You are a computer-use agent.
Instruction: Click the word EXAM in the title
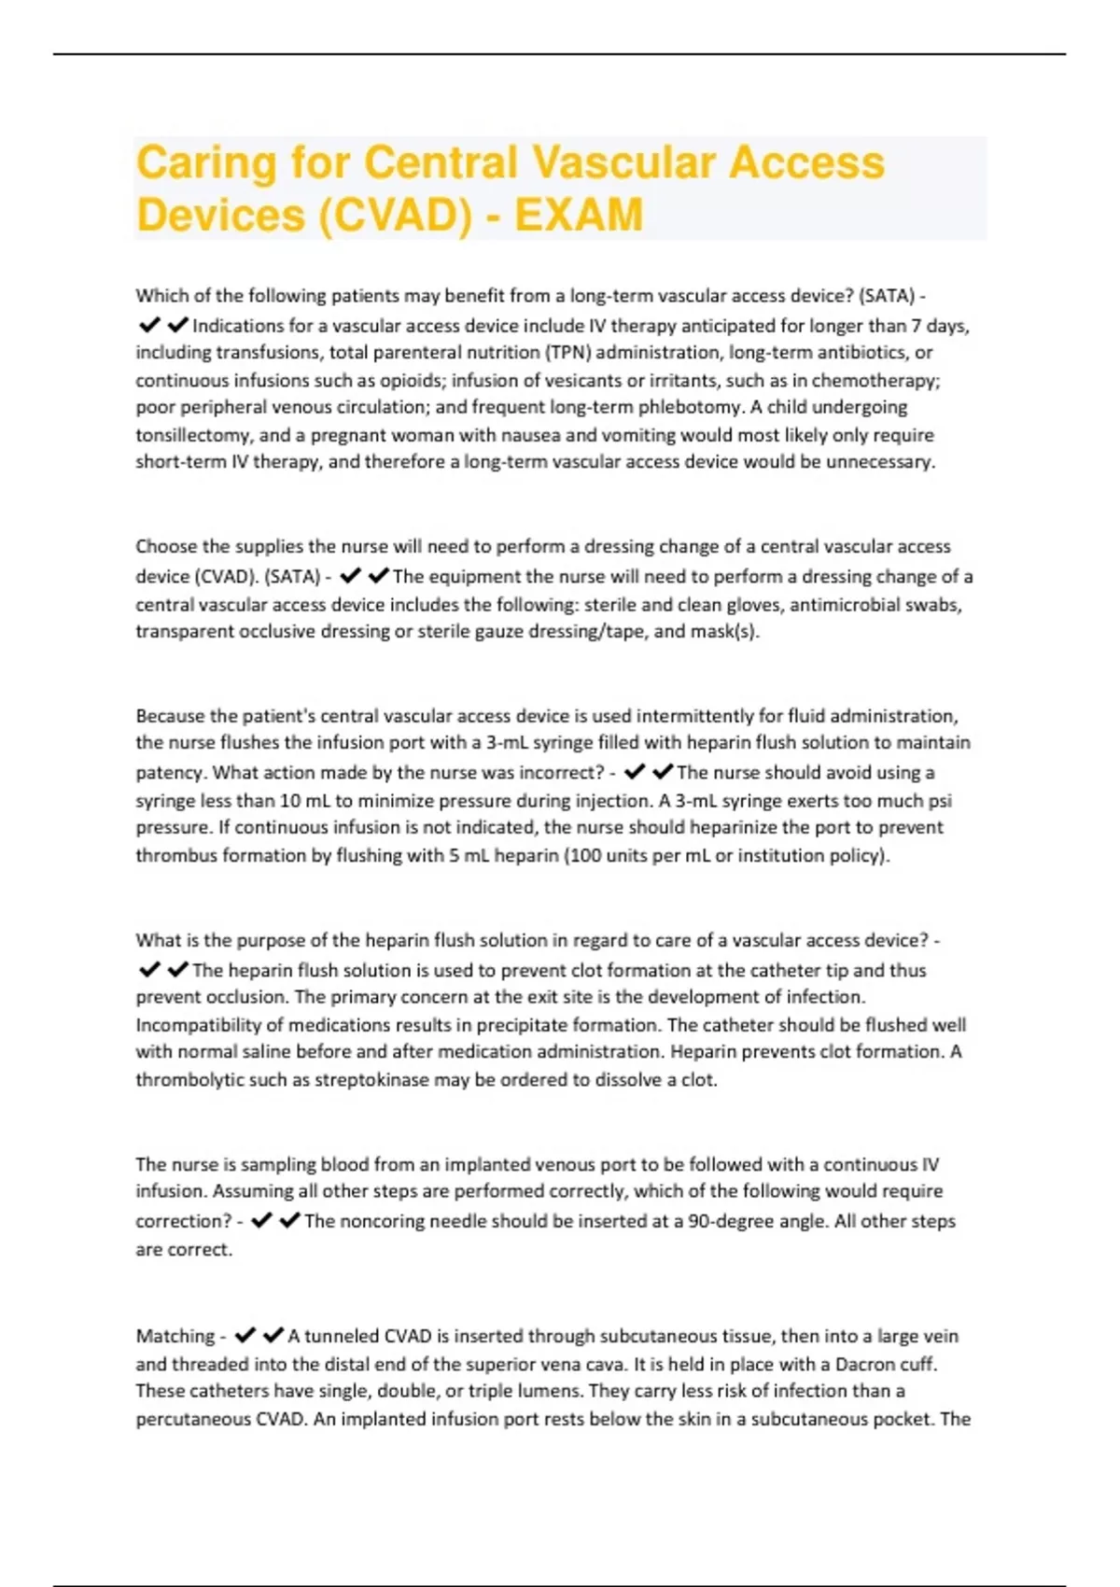(579, 215)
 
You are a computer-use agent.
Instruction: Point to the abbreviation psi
(939, 801)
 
